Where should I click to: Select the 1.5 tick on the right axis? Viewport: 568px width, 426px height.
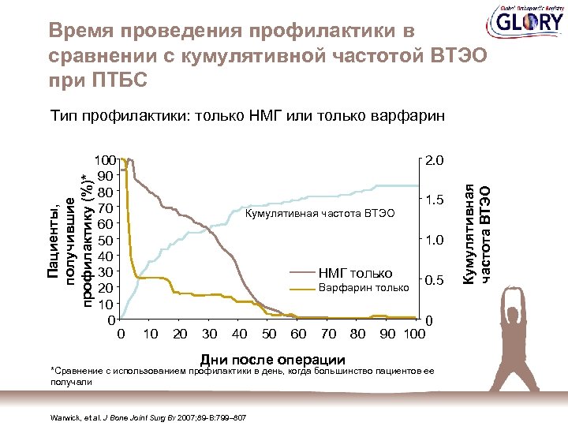[x=434, y=200]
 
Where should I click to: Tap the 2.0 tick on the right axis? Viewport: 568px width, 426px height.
[x=434, y=160]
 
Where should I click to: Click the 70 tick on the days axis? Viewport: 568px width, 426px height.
[x=329, y=334]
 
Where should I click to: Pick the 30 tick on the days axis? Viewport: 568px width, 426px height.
[x=210, y=334]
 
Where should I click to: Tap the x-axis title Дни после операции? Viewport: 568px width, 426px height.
[x=274, y=359]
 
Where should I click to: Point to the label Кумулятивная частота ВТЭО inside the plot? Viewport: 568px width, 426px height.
[x=319, y=213]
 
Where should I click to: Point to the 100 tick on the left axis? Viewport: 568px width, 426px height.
[x=104, y=160]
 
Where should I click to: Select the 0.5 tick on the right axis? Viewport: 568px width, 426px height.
[x=434, y=281]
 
